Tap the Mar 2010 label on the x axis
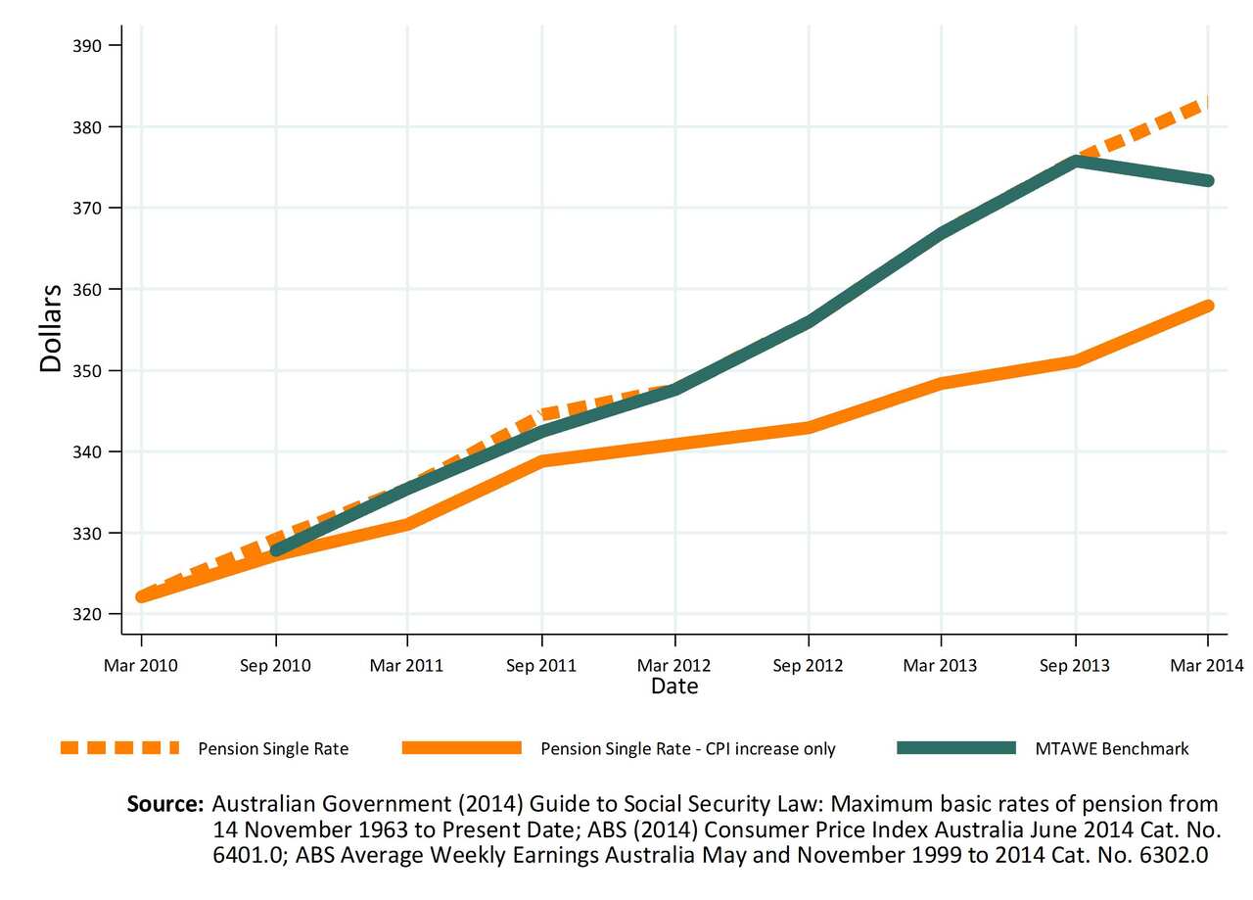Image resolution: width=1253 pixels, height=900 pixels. click(x=141, y=666)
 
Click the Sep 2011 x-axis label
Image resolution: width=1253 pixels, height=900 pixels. click(x=541, y=666)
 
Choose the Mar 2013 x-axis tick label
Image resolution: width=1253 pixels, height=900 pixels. click(x=941, y=666)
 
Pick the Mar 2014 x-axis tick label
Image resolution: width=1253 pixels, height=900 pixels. click(x=1207, y=666)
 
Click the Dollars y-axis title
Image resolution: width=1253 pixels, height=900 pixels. click(x=51, y=327)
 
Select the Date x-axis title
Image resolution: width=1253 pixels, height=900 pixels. click(x=674, y=687)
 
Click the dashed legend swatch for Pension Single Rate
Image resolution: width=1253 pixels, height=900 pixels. click(x=119, y=748)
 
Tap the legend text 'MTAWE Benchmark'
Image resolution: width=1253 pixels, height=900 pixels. click(x=1112, y=749)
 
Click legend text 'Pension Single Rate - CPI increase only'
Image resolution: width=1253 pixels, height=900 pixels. click(x=688, y=749)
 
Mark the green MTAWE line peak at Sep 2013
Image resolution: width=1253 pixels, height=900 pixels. click(x=1075, y=162)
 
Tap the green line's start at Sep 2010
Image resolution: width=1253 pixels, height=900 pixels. click(x=276, y=550)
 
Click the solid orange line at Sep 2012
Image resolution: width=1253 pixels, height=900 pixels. click(x=809, y=427)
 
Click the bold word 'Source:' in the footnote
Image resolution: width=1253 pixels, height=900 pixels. click(x=165, y=805)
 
